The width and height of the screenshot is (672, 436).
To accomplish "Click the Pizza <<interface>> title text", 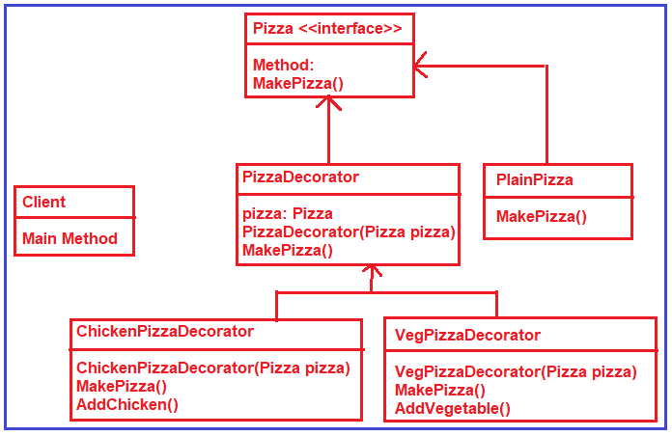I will coord(327,28).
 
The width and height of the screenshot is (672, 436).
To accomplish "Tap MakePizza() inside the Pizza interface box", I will coord(298,84).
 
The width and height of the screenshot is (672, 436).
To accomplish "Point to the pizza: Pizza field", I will coord(288,213).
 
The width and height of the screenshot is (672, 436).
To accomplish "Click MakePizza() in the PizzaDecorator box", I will coord(288,250).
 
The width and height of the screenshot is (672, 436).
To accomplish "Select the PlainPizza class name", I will coord(535,179).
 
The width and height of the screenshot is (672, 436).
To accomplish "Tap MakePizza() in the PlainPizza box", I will coord(542,216).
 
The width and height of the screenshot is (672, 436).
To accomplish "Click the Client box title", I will coord(44,202).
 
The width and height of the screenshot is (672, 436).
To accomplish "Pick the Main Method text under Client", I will coord(70,238).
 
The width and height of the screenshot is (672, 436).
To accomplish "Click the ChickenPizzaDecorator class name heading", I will coord(165,331).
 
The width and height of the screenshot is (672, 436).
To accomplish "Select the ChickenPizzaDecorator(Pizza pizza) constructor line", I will coord(212,368).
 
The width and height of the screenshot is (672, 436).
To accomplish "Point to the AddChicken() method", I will coord(127,404).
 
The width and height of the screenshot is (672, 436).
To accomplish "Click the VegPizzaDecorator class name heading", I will coord(468,335).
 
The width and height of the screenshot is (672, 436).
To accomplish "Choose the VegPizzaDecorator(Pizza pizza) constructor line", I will coord(516,371).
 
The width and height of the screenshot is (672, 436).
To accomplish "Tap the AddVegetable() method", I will coord(453,408).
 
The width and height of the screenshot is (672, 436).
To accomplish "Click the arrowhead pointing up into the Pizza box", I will coord(329,103).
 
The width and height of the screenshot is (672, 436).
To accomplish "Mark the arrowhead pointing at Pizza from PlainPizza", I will coord(421,66).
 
